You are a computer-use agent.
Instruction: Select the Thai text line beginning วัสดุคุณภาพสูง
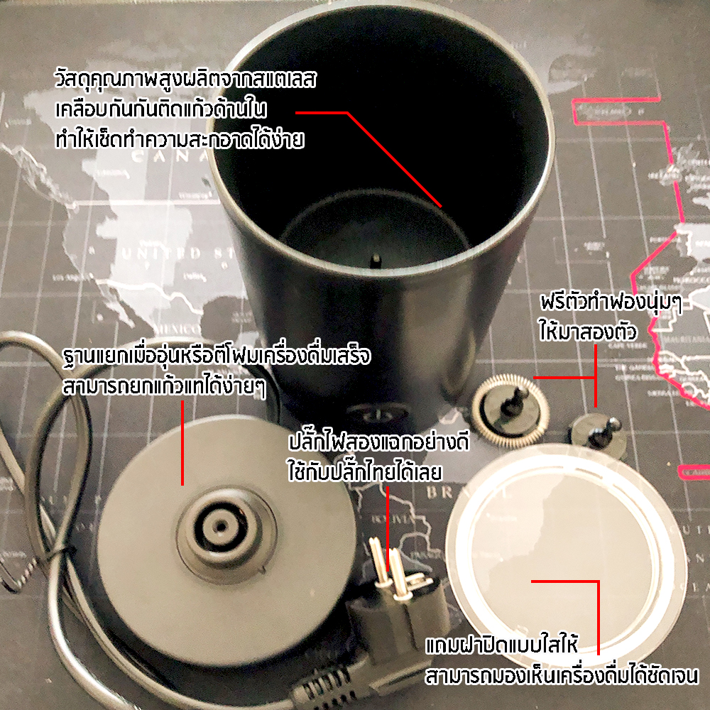[x=185, y=79]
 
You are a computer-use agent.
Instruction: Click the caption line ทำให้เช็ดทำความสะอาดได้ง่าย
[x=180, y=139]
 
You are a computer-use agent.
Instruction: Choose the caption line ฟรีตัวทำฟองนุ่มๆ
[x=611, y=302]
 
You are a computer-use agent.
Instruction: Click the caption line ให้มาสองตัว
[x=588, y=331]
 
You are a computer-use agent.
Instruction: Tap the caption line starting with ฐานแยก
[x=217, y=356]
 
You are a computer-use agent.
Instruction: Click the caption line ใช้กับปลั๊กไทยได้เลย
[x=364, y=471]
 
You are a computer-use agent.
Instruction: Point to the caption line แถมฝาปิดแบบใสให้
[x=502, y=645]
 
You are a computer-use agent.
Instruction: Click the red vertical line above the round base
[x=182, y=442]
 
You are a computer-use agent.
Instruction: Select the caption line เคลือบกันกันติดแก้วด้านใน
[x=160, y=109]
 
